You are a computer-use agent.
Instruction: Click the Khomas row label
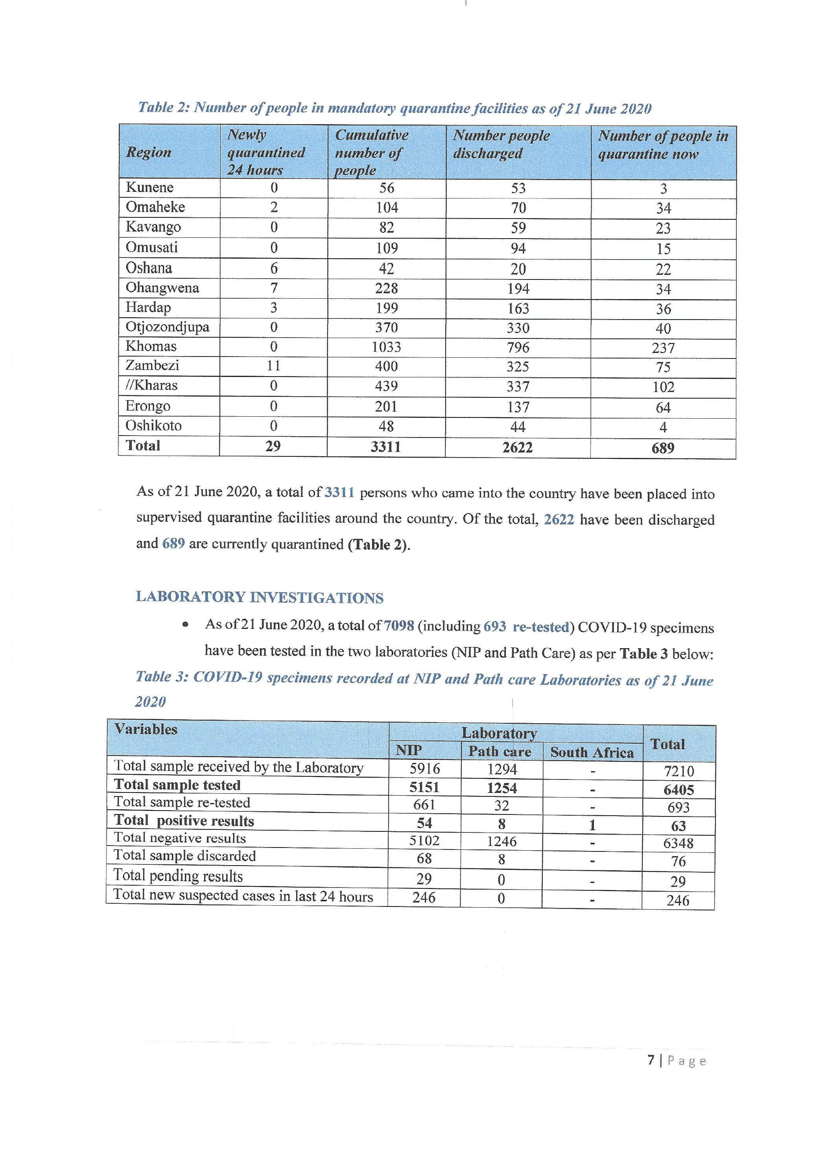pyautogui.click(x=151, y=346)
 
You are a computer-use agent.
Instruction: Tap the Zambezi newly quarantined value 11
pyautogui.click(x=273, y=366)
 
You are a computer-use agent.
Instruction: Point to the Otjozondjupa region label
pyautogui.click(x=167, y=327)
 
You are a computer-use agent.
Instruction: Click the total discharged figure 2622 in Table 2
pyautogui.click(x=518, y=447)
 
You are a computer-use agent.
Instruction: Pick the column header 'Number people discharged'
pyautogui.click(x=501, y=144)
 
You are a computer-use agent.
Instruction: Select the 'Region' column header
pyautogui.click(x=149, y=152)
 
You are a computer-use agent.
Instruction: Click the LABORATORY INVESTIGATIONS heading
pyautogui.click(x=259, y=597)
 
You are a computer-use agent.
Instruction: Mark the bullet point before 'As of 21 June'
pyautogui.click(x=186, y=625)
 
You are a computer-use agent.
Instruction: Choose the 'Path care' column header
pyautogui.click(x=500, y=752)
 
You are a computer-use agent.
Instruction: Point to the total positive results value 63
pyautogui.click(x=678, y=826)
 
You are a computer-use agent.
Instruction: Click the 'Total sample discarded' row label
pyautogui.click(x=185, y=856)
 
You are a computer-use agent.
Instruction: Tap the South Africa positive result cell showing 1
pyautogui.click(x=592, y=825)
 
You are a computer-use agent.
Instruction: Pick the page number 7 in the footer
pyautogui.click(x=651, y=1060)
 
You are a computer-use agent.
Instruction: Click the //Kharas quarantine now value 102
pyautogui.click(x=663, y=387)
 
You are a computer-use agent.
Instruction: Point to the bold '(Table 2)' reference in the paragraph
pyautogui.click(x=379, y=544)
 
